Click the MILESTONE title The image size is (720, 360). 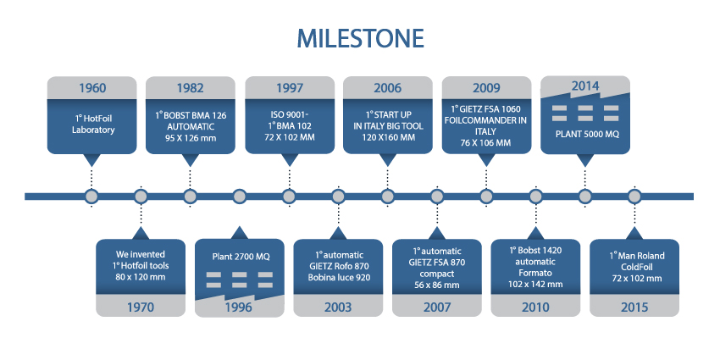[x=360, y=39]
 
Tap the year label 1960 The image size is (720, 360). [x=91, y=88]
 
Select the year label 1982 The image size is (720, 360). [x=190, y=88]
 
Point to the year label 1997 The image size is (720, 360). [x=290, y=88]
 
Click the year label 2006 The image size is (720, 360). [x=388, y=88]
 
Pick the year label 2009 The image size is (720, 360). [x=486, y=88]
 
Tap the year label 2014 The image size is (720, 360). [x=585, y=86]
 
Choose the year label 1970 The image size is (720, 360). [x=141, y=307]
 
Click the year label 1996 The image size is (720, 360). [x=239, y=307]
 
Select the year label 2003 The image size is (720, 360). [x=338, y=307]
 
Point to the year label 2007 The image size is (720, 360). [x=437, y=307]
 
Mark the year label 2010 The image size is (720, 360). [x=535, y=307]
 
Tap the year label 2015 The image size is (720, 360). [x=634, y=307]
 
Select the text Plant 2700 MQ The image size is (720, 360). [x=241, y=257]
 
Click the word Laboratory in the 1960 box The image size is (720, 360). [x=93, y=130]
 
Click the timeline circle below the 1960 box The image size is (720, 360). [x=91, y=197]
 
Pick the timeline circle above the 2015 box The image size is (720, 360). [x=634, y=197]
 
